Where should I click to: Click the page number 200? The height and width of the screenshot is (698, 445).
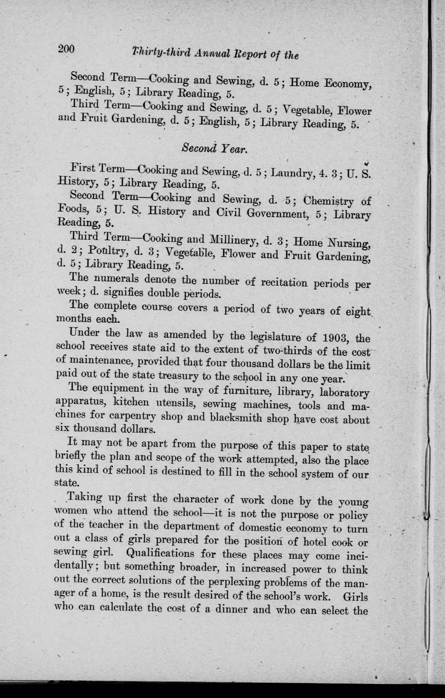[x=66, y=49]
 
